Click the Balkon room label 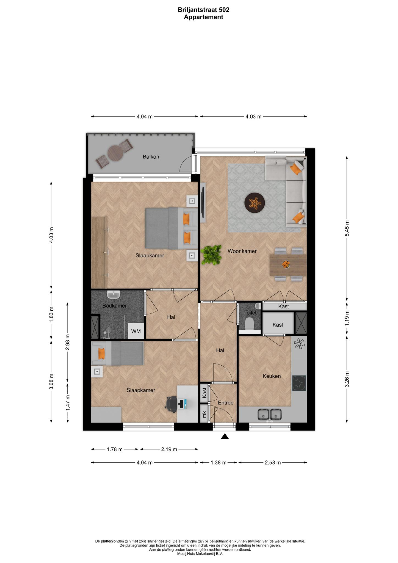pyautogui.click(x=151, y=157)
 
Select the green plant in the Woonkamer pyautogui.click(x=211, y=255)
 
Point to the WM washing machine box pyautogui.click(x=136, y=331)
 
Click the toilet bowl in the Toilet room pyautogui.click(x=249, y=324)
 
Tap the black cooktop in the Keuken pyautogui.click(x=299, y=383)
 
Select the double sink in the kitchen pyautogui.click(x=269, y=415)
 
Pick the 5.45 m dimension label pyautogui.click(x=347, y=228)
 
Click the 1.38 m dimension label pyautogui.click(x=219, y=463)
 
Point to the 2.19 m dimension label pyautogui.click(x=169, y=449)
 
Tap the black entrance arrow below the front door pyautogui.click(x=225, y=436)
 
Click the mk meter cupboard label pyautogui.click(x=204, y=414)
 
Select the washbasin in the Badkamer pyautogui.click(x=113, y=295)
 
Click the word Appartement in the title pyautogui.click(x=203, y=17)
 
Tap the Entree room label pyautogui.click(x=226, y=403)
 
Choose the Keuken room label pyautogui.click(x=272, y=376)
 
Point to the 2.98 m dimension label pyautogui.click(x=68, y=342)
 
